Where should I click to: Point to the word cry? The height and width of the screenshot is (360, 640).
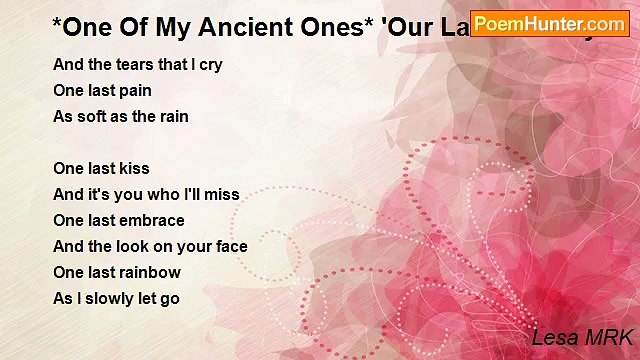coord(210,65)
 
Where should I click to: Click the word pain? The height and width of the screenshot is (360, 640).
coord(136,91)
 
